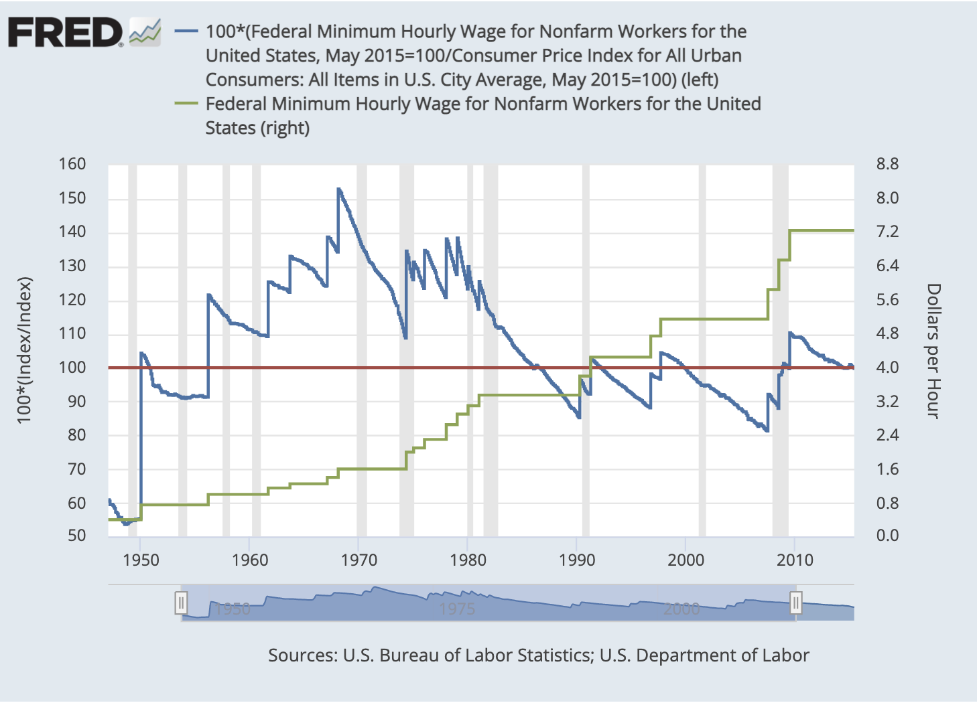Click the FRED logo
(65, 32)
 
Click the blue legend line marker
(186, 31)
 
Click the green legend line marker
(186, 103)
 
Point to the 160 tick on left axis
(72, 164)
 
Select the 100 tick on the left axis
(72, 367)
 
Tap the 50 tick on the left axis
(76, 535)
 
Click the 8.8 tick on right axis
(887, 164)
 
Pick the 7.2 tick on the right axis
(887, 232)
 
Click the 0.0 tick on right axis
(887, 535)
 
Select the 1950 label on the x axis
(141, 560)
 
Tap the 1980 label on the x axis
(468, 560)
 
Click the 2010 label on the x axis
(795, 560)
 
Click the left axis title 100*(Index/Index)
(24, 349)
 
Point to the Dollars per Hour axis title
(933, 351)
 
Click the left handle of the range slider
(181, 603)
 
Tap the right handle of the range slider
(795, 603)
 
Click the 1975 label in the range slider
(457, 609)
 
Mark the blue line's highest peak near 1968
(338, 189)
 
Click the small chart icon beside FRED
(145, 32)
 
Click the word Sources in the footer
(302, 655)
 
